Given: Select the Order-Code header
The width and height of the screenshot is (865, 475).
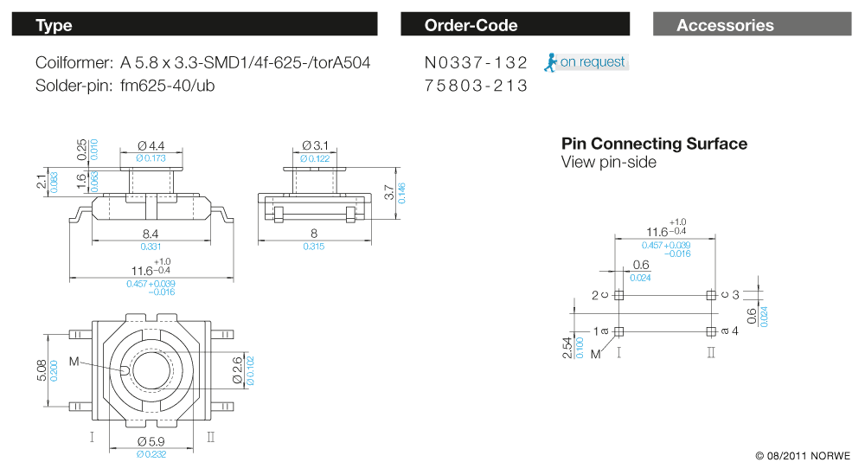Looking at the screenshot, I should [515, 25].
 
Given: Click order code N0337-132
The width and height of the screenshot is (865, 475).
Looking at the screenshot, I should [476, 62].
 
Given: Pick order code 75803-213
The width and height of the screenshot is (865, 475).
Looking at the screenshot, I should [476, 87].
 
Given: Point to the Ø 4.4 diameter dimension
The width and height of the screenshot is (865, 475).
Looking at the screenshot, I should [151, 146].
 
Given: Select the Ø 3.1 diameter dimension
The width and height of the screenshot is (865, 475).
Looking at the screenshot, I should [315, 146].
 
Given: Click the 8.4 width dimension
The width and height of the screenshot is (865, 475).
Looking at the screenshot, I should [151, 234].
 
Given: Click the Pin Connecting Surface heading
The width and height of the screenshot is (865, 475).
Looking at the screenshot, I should [654, 144].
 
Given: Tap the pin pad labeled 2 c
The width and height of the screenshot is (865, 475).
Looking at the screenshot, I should [618, 295].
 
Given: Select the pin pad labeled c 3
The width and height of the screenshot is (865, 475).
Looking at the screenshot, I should [711, 295].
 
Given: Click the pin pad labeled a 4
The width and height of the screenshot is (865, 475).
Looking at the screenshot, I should [711, 331].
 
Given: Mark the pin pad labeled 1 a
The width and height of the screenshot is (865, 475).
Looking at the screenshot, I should [618, 331].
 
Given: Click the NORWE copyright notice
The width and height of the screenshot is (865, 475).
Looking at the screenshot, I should [802, 455].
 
